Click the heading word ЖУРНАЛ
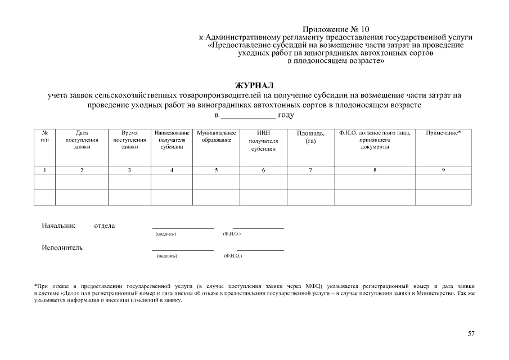[x=254, y=85]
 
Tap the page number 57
[x=471, y=334]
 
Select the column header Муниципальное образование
[x=217, y=137]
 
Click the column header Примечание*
[x=443, y=133]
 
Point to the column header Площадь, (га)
[x=310, y=137]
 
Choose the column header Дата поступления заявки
[x=82, y=139]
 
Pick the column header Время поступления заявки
[x=129, y=139]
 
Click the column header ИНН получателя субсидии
[x=263, y=141]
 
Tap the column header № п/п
[x=44, y=137]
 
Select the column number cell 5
[x=217, y=170]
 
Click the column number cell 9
[x=443, y=170]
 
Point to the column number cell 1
[x=44, y=170]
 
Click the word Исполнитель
[x=62, y=248]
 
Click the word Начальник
[x=58, y=226]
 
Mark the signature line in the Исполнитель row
[x=183, y=250]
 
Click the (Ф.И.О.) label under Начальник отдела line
[x=232, y=233]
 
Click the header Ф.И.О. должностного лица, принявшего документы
[x=375, y=139]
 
